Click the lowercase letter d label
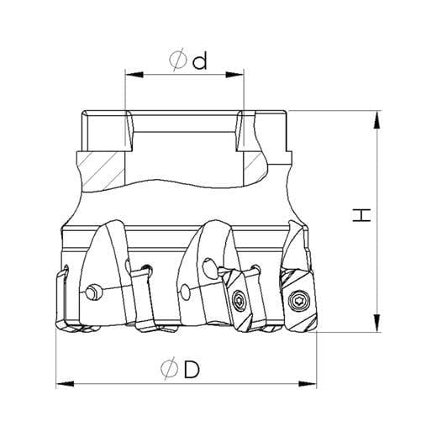[x=200, y=61]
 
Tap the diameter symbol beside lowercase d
[x=178, y=60]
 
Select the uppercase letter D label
[x=192, y=368]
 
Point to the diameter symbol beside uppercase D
[x=170, y=368]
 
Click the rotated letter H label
[x=361, y=215]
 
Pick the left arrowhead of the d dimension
[x=134, y=75]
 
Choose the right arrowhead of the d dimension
[x=234, y=75]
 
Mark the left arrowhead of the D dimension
[x=66, y=383]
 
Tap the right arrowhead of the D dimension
[x=308, y=383]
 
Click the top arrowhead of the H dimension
[x=377, y=120]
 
